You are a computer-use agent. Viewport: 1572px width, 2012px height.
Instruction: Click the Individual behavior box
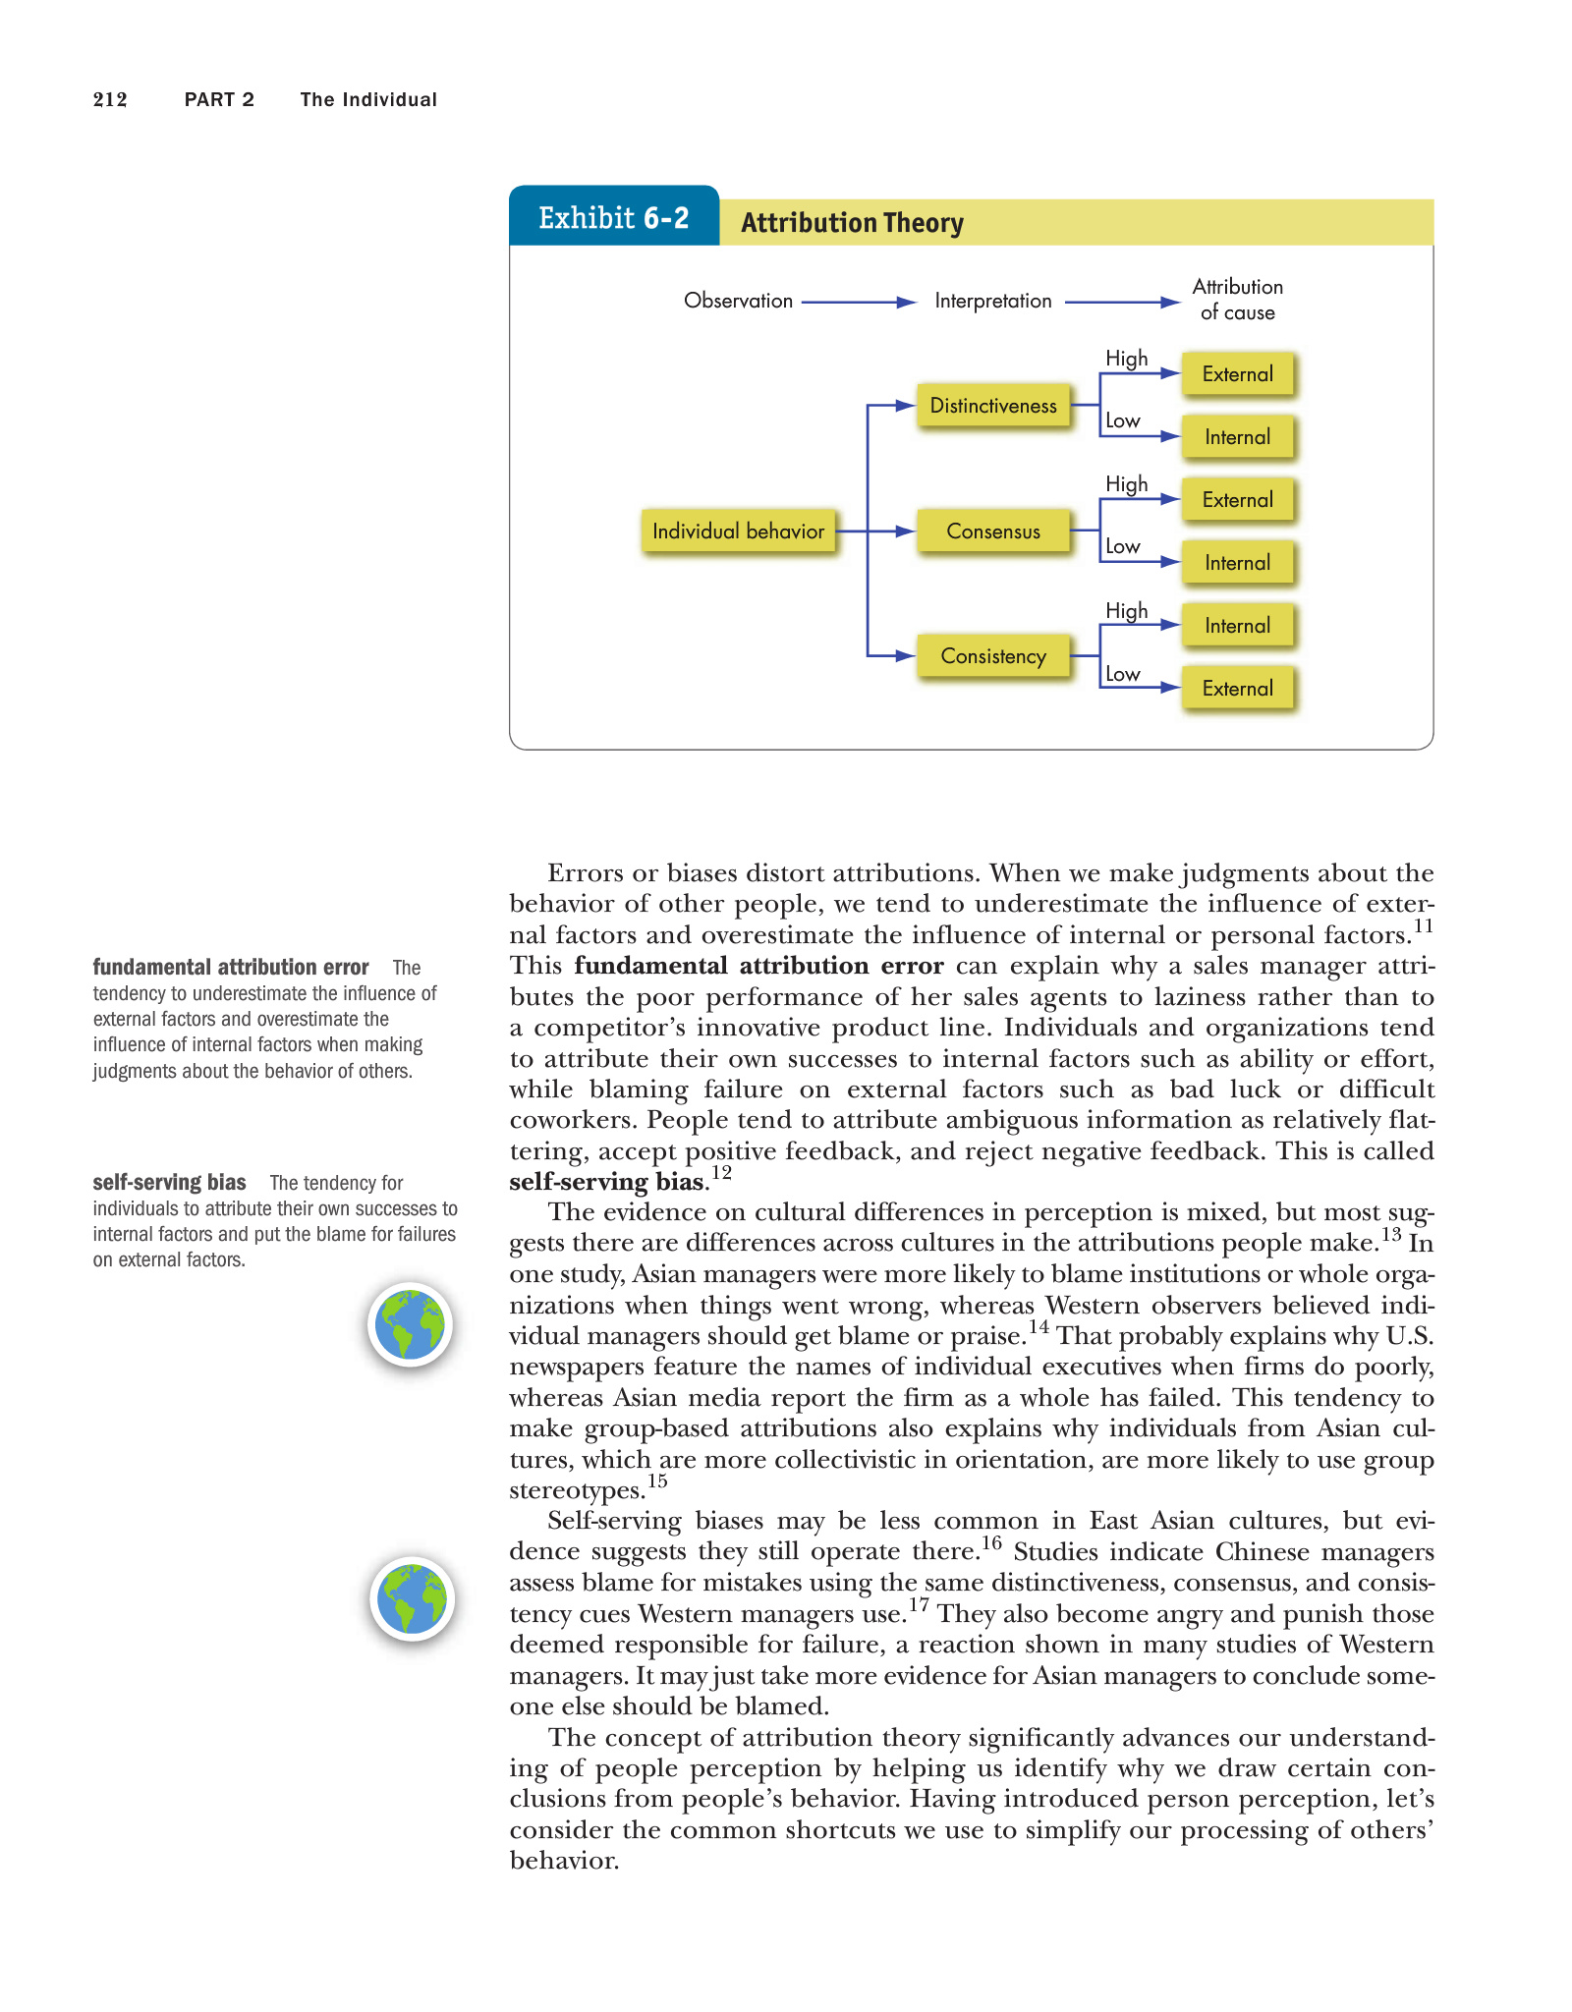(x=738, y=531)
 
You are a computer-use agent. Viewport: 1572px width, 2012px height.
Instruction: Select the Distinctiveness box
(x=993, y=406)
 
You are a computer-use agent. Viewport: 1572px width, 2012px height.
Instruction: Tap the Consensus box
(x=993, y=531)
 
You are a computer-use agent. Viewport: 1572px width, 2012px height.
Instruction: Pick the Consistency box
(x=993, y=656)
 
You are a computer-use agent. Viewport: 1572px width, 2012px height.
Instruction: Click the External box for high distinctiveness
(x=1237, y=374)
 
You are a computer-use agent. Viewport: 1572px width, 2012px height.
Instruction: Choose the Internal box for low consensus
(x=1237, y=563)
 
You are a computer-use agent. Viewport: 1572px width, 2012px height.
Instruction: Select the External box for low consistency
(x=1237, y=689)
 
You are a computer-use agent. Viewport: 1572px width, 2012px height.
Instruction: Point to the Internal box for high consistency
(x=1237, y=626)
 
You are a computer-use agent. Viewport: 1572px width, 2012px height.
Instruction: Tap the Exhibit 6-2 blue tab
(x=614, y=217)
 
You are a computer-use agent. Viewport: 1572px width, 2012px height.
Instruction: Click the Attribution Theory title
(x=852, y=223)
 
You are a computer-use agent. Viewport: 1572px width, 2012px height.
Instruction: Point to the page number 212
(x=110, y=99)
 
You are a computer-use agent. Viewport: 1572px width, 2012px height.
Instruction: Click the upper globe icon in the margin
(x=411, y=1324)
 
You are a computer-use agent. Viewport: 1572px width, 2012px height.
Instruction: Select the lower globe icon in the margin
(x=413, y=1598)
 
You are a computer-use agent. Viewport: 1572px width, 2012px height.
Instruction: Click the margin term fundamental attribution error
(x=231, y=968)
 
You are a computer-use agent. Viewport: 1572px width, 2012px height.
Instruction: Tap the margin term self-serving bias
(x=169, y=1183)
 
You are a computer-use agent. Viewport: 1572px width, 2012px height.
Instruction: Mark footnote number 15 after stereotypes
(x=657, y=1481)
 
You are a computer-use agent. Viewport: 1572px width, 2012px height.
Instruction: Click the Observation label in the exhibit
(x=738, y=301)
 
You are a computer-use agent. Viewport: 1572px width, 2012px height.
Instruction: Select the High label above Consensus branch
(x=1126, y=484)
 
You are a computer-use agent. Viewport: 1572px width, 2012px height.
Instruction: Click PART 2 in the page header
(x=219, y=99)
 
